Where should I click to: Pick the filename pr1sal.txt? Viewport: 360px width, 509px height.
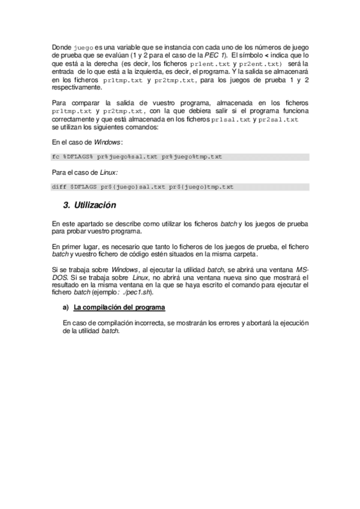232,119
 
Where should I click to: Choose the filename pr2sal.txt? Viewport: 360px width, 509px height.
278,119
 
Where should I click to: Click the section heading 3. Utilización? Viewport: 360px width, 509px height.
89,205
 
